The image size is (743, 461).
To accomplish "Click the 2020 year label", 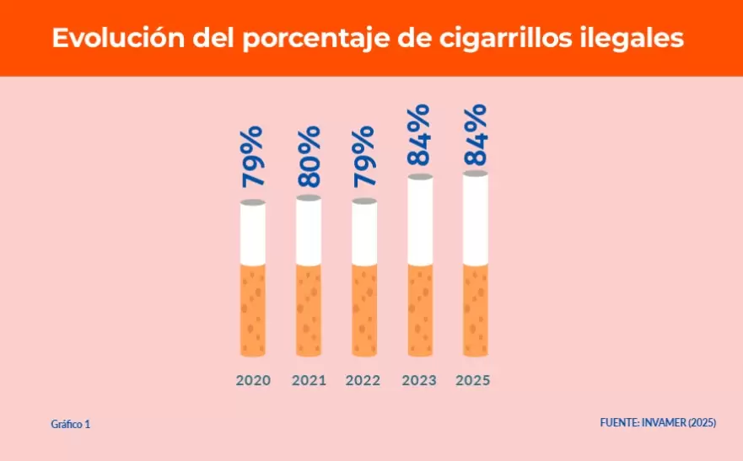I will coord(253,380).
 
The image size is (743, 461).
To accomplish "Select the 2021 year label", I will coord(309,380).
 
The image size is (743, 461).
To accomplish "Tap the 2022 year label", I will coord(363,380).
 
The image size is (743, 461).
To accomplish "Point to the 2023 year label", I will coord(419,380).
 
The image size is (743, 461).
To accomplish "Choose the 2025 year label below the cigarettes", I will coord(473,380).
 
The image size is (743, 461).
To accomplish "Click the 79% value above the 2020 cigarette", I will coord(253,156).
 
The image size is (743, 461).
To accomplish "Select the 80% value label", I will coord(309,156).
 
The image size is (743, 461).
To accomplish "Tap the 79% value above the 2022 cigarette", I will coord(363,156).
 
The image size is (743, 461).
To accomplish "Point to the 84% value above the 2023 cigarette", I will coord(419,134).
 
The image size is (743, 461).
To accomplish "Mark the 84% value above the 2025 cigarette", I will coord(475,134).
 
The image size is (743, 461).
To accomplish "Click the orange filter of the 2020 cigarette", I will coord(253,310).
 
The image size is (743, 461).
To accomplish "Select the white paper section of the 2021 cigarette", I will coord(309,232).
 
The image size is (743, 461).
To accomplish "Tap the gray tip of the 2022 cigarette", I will coord(364,201).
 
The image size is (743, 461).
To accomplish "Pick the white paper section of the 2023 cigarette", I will coord(420,221).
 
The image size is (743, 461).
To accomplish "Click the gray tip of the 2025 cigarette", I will coord(476,174).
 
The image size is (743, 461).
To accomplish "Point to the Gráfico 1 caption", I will coord(70,424).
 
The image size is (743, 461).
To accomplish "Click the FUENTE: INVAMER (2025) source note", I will coord(658,422).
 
